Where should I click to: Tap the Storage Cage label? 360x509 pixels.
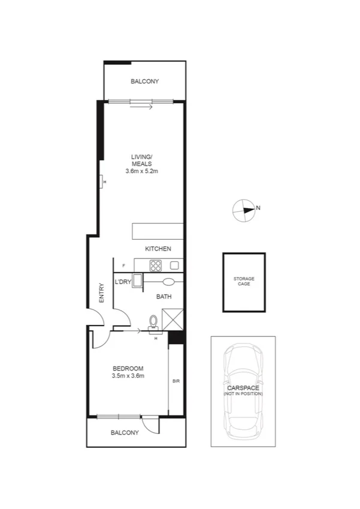point(244,281)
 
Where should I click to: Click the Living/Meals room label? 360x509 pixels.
point(142,160)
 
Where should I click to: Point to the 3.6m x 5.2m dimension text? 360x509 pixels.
point(142,171)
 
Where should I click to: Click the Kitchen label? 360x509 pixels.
point(158,249)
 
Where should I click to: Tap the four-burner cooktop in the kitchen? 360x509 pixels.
point(156,265)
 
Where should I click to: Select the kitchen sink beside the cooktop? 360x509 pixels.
point(175,265)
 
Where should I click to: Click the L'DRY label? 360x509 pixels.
point(123,282)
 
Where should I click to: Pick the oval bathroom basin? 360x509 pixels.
point(168,281)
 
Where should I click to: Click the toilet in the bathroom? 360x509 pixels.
point(154,323)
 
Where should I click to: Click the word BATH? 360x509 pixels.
point(164,297)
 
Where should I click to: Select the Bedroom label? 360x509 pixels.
point(128,368)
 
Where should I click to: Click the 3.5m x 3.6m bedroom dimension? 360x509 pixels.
point(128,376)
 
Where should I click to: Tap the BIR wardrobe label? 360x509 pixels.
point(176,381)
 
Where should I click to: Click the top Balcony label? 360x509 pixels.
point(145,82)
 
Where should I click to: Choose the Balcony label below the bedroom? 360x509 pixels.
point(125,432)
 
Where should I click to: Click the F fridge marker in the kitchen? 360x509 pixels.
point(123,265)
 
